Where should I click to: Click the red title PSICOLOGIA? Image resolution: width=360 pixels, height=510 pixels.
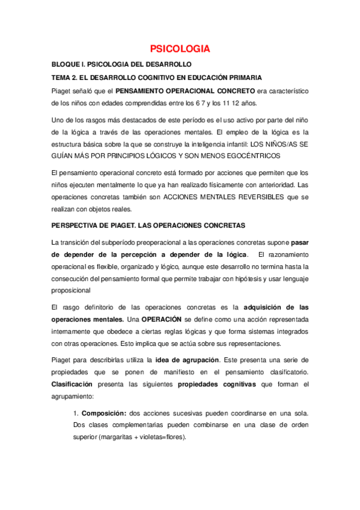pyautogui.click(x=180, y=49)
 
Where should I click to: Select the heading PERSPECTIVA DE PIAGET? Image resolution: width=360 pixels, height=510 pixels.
pyautogui.click(x=93, y=226)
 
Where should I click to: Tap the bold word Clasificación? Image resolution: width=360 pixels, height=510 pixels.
pyautogui.click(x=72, y=383)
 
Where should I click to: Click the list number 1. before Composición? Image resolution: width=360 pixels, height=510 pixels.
pyautogui.click(x=76, y=413)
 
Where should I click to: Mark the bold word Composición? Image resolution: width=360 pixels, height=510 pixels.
pyautogui.click(x=103, y=413)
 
